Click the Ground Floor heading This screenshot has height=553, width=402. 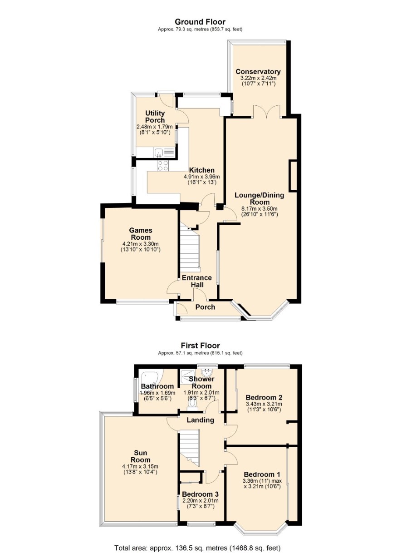[200, 22]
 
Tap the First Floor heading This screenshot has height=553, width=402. [200, 346]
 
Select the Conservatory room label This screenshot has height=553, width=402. [258, 72]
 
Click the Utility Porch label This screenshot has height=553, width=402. [155, 117]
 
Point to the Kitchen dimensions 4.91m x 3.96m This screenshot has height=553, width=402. [201, 177]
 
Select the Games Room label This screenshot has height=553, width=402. [141, 234]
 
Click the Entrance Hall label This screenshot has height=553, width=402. [197, 281]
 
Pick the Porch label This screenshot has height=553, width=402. [205, 307]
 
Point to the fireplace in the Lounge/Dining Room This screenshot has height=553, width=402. [293, 176]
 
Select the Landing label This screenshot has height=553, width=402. [200, 420]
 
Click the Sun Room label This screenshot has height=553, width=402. [140, 456]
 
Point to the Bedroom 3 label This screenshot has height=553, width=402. [201, 494]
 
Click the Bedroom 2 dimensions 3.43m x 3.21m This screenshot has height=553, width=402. [264, 404]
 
